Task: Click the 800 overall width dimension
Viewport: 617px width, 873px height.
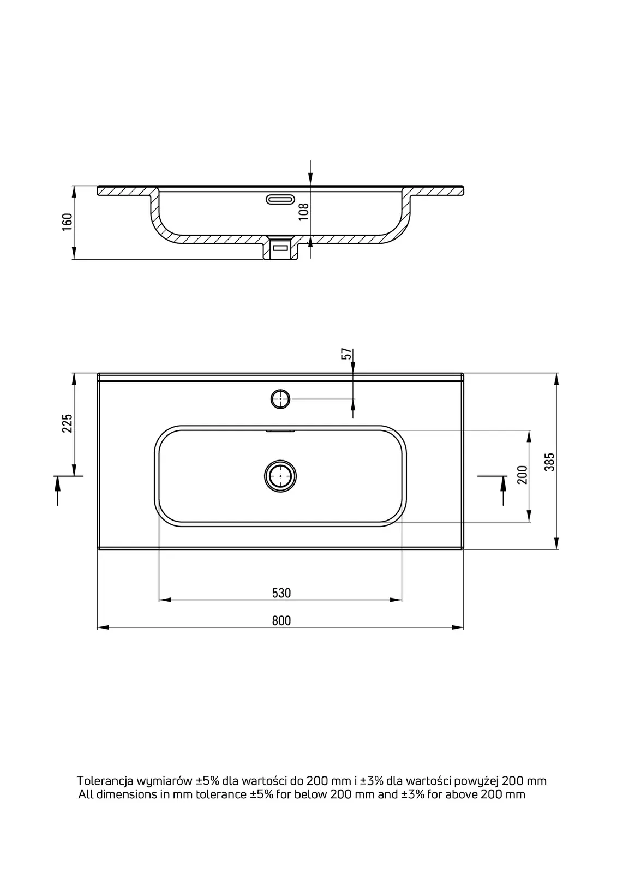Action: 281,621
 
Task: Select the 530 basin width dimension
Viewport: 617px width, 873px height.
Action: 281,593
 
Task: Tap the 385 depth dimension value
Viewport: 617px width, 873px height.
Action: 549,462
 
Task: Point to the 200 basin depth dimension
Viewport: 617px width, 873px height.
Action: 522,475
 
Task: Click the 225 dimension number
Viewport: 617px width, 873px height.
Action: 67,423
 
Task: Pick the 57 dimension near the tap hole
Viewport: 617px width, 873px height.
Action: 346,354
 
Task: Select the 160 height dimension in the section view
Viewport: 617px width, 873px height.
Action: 67,222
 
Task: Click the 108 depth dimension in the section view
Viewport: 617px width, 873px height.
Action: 304,212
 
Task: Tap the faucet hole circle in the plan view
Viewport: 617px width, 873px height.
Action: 280,399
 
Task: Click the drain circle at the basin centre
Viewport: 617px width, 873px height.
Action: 280,476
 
